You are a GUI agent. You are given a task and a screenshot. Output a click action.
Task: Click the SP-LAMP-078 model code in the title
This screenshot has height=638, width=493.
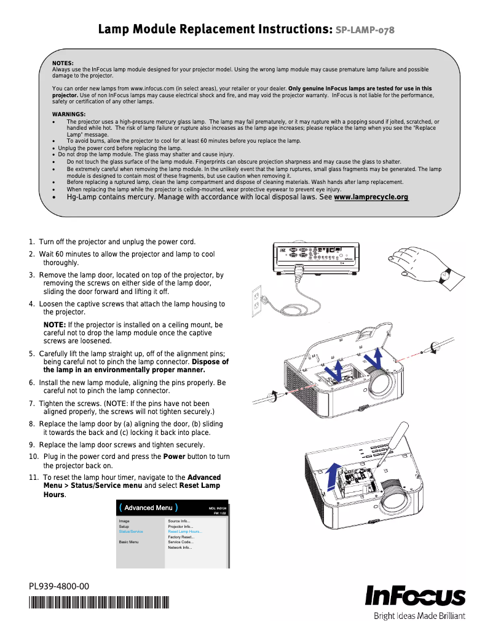[365, 30]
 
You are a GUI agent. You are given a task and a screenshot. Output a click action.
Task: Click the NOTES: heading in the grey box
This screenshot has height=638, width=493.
[63, 63]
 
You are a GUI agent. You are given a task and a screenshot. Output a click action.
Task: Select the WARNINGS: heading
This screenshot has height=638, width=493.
[69, 114]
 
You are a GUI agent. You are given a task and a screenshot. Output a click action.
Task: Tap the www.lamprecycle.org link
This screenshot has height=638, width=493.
[371, 197]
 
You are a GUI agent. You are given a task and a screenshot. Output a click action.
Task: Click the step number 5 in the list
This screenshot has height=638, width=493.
[31, 354]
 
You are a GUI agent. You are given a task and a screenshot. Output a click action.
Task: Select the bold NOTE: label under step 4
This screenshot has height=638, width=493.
[54, 324]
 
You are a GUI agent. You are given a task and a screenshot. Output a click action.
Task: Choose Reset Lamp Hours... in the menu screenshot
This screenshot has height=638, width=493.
[185, 531]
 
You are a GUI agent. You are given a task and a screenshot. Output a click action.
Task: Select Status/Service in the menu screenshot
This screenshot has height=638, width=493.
[131, 531]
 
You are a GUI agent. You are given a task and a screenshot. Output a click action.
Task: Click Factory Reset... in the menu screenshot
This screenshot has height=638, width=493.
[181, 536]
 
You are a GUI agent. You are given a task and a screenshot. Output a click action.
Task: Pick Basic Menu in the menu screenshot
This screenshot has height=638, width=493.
[129, 542]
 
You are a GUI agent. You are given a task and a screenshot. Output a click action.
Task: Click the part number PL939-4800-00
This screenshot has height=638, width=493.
[59, 586]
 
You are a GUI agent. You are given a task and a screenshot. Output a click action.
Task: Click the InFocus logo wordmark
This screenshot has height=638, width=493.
[416, 596]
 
